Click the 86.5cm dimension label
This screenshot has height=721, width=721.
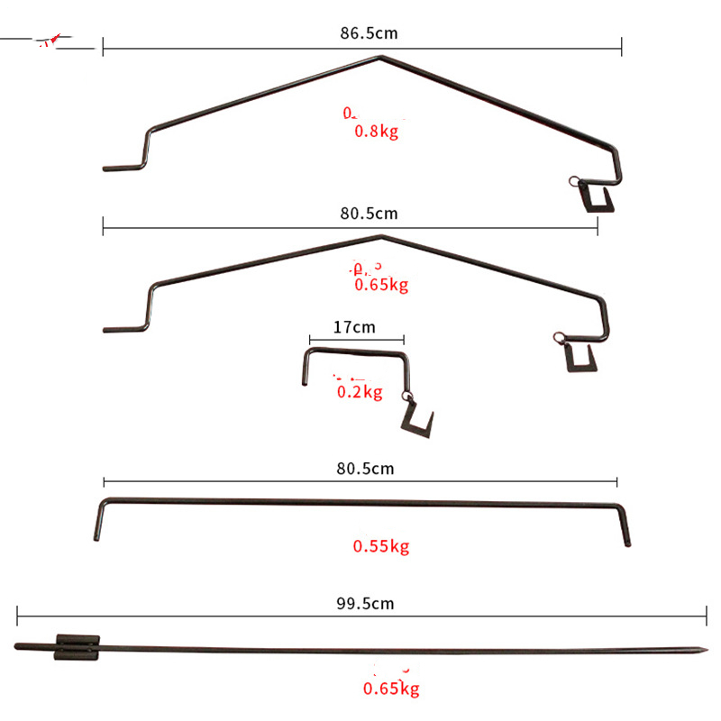pos(369,33)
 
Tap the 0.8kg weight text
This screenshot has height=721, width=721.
pos(376,132)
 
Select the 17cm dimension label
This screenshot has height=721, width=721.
pos(354,327)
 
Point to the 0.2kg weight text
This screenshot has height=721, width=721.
pos(360,392)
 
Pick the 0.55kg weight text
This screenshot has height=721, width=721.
pos(381,546)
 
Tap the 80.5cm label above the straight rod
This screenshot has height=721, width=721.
pos(364,469)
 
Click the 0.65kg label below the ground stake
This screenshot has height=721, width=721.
pos(391,690)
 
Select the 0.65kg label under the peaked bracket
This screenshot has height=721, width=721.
pos(382,286)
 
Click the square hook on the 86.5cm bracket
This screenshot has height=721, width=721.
pos(598,196)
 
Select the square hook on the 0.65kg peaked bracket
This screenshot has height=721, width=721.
pos(580,358)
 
